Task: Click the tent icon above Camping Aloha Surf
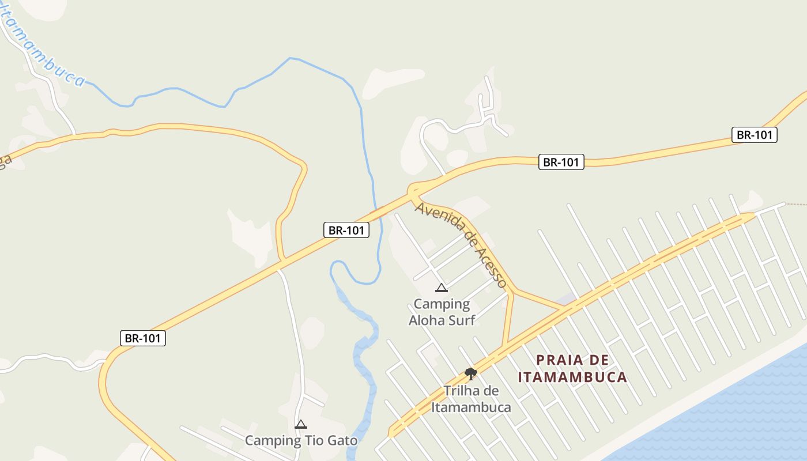pyautogui.click(x=442, y=288)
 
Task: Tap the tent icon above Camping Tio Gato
pyautogui.click(x=301, y=425)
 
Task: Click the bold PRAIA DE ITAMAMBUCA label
pyautogui.click(x=572, y=369)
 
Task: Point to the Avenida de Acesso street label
pyautogui.click(x=461, y=244)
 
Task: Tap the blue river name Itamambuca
pyautogui.click(x=43, y=46)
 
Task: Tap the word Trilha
pyautogui.click(x=462, y=391)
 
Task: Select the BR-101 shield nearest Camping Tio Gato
pyautogui.click(x=143, y=338)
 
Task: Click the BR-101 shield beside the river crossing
pyautogui.click(x=346, y=231)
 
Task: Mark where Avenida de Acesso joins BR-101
pyautogui.click(x=413, y=190)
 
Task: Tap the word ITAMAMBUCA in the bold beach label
pyautogui.click(x=572, y=377)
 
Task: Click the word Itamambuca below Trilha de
pyautogui.click(x=471, y=407)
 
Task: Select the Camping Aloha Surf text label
pyautogui.click(x=442, y=312)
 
